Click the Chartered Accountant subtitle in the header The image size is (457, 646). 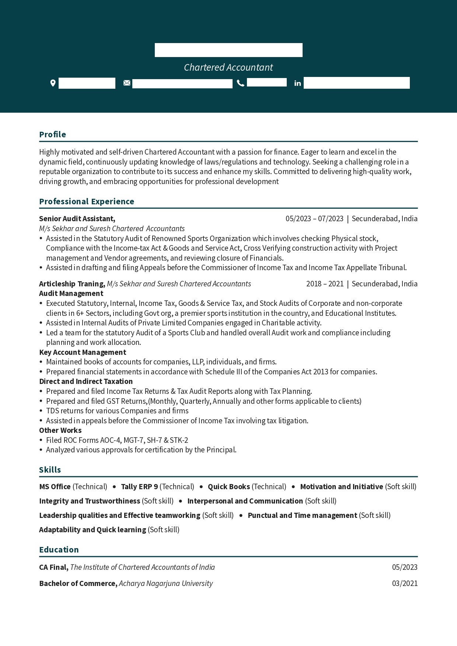[228, 67]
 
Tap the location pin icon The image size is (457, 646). [53, 83]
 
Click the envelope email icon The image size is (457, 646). [127, 83]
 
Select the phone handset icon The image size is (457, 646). [241, 83]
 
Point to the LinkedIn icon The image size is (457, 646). [297, 83]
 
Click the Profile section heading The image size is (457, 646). [53, 134]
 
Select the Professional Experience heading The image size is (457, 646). [87, 201]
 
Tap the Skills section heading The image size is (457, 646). [50, 470]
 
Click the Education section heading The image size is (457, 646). [59, 550]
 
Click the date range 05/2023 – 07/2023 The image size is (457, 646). [314, 219]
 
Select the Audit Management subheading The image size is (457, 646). [71, 293]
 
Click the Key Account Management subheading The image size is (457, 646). [83, 352]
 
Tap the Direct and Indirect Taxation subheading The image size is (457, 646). [86, 381]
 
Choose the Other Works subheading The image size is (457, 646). [60, 430]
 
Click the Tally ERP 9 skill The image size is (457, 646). [139, 487]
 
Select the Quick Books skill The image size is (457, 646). [229, 487]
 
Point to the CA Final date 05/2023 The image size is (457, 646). [405, 567]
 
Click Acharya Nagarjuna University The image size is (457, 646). [166, 583]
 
